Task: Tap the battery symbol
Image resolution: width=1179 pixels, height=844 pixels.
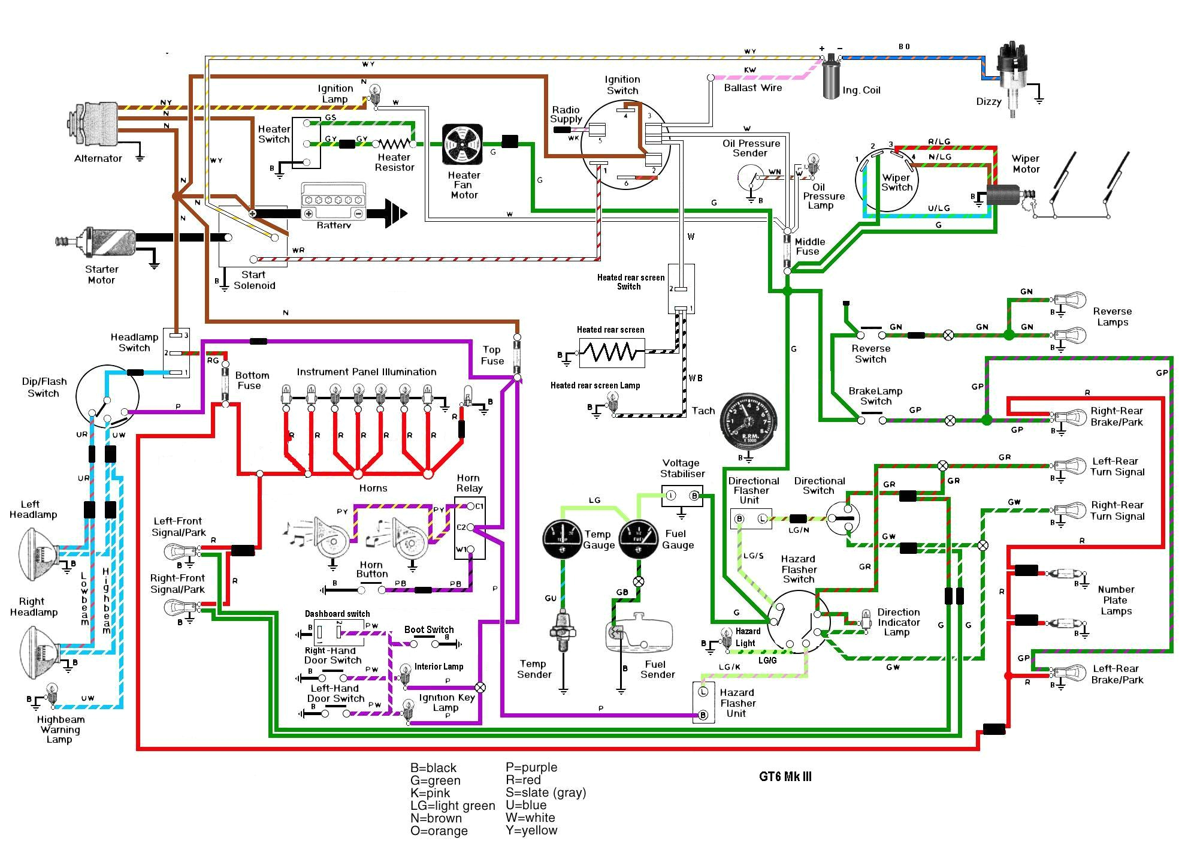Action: pos(333,204)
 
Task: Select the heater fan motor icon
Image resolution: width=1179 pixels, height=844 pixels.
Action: pos(462,144)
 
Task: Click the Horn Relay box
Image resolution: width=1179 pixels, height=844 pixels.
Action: pos(470,528)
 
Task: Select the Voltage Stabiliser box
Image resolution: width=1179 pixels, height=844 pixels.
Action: pos(682,496)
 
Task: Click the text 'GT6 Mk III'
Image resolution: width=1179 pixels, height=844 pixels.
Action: pos(785,777)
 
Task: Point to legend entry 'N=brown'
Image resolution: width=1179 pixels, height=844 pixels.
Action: pos(436,818)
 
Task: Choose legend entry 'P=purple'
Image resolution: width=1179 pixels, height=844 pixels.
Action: pos(531,767)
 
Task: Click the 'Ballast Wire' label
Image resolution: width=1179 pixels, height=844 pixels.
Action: pos(752,88)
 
